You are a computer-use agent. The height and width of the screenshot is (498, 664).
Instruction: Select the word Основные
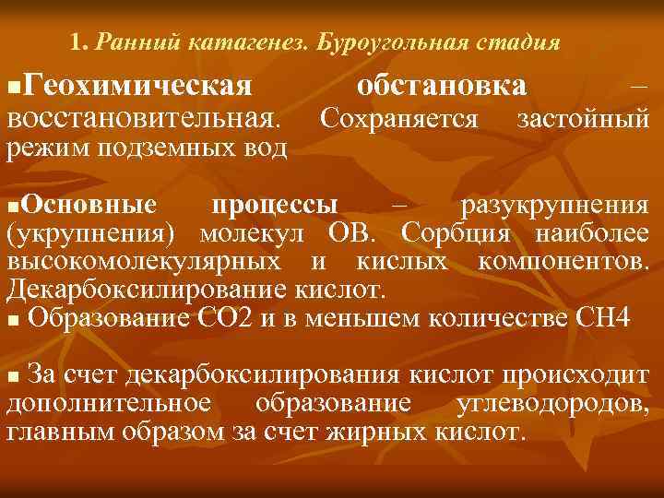pos(88,203)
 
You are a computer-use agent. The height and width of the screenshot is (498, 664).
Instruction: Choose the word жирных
pos(386,432)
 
